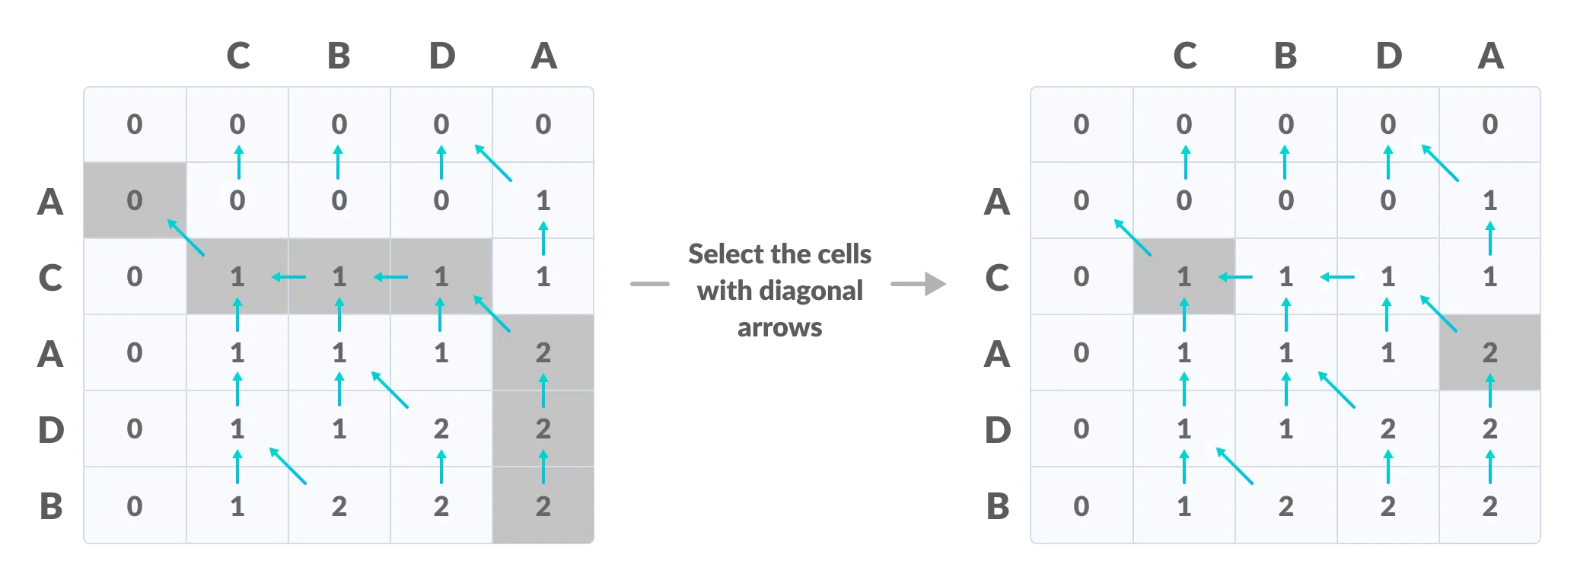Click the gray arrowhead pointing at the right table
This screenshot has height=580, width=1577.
tap(935, 284)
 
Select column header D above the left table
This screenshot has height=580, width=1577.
tap(441, 56)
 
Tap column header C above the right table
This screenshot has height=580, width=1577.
tap(1184, 56)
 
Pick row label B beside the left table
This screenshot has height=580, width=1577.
tap(51, 506)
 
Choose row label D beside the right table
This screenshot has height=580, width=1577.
tap(997, 430)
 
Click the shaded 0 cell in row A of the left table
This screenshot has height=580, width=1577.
tap(135, 200)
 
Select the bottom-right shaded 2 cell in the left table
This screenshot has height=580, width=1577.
tap(543, 505)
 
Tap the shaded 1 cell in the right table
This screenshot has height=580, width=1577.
tap(1184, 276)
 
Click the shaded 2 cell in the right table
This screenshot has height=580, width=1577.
tap(1489, 352)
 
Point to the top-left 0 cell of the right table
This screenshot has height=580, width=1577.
tap(1081, 124)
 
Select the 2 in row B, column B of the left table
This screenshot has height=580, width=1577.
tap(339, 505)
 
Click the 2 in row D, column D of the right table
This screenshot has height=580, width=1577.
tap(1387, 429)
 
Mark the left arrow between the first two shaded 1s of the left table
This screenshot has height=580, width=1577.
tap(289, 277)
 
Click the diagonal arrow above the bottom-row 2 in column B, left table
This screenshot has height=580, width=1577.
tap(288, 466)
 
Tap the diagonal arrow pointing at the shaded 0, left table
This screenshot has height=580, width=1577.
tap(186, 237)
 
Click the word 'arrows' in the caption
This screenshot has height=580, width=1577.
tap(779, 327)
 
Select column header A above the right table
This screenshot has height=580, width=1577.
tap(1489, 56)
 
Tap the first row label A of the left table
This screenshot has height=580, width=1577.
tap(50, 202)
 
